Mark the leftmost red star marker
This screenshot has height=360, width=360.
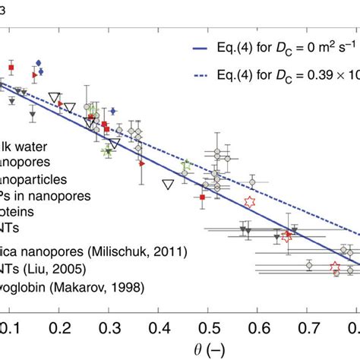[x=248, y=201]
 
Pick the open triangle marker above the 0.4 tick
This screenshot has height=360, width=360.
[x=168, y=183]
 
